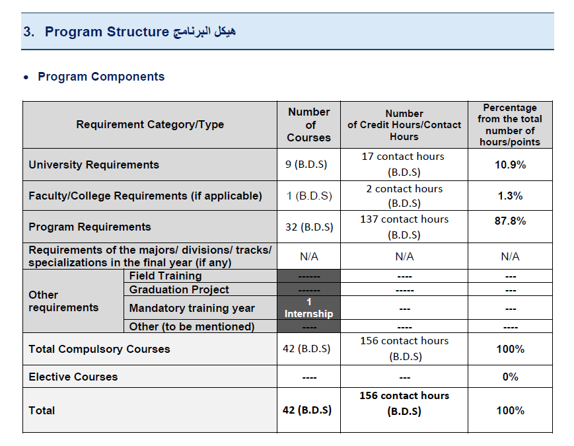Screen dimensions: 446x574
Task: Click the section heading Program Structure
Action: pos(107,32)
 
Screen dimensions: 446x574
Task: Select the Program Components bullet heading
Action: pos(101,77)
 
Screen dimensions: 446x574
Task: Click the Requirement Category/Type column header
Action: pos(150,124)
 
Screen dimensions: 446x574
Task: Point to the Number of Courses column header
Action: pos(308,125)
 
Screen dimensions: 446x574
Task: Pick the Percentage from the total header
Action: pos(510,125)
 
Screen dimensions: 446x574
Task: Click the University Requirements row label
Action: pos(94,165)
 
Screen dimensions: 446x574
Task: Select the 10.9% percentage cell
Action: pos(510,165)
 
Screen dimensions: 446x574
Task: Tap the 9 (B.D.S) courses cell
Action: pos(308,165)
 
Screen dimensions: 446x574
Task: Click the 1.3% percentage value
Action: pos(510,196)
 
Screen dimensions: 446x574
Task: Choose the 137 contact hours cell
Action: pos(404,227)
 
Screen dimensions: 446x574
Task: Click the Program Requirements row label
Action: pos(90,227)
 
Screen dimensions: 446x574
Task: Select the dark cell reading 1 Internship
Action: pos(308,307)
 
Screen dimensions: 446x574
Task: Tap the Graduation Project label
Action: pos(179,289)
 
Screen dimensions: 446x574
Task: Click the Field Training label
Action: pos(165,276)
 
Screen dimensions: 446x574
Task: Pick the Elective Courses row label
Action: pos(73,377)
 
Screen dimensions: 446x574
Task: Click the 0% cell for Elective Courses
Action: pos(510,377)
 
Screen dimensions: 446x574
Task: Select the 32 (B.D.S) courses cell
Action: pos(308,227)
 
